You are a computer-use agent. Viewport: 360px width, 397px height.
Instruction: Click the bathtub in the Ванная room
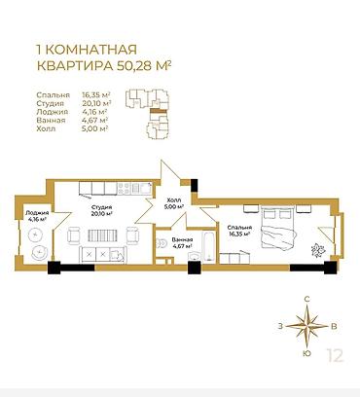[208, 246]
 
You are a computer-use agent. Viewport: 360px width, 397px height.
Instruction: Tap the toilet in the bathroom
[160, 242]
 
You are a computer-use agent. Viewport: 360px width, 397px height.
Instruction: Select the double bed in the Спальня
[278, 228]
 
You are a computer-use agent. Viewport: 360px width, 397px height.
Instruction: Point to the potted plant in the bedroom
[318, 250]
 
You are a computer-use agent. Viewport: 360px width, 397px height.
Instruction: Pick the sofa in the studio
[102, 253]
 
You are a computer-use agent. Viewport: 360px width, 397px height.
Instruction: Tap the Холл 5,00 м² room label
[174, 202]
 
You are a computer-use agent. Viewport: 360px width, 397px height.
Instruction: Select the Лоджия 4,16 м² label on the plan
[37, 216]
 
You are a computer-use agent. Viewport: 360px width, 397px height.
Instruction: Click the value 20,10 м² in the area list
[96, 103]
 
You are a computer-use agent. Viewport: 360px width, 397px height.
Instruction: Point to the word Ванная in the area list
[51, 121]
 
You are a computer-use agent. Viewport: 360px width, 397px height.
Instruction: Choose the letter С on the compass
[307, 299]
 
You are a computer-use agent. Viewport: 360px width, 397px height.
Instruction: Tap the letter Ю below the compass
[307, 353]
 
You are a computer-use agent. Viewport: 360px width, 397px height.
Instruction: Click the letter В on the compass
[334, 326]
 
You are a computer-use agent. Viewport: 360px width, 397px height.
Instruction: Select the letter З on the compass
[280, 326]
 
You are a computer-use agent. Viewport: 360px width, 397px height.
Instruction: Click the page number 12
[335, 355]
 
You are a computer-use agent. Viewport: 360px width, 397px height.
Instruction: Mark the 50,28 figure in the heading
[134, 65]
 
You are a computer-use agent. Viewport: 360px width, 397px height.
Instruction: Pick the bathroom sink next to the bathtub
[195, 257]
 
